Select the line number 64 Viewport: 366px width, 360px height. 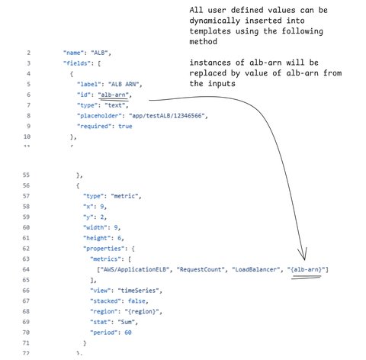tap(26, 269)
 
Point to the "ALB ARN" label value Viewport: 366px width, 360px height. tap(124, 84)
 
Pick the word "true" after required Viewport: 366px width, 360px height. tap(125, 126)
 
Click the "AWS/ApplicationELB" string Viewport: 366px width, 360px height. tap(135, 269)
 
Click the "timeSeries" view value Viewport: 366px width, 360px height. tap(138, 291)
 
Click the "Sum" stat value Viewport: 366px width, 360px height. tap(127, 322)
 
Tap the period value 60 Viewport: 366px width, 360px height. tap(128, 333)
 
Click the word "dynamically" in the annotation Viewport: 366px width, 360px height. tap(215, 21)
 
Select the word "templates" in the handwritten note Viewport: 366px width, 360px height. tap(210, 31)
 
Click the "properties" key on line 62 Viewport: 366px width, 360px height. tap(105, 249)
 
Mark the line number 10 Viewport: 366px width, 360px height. tap(27, 137)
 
